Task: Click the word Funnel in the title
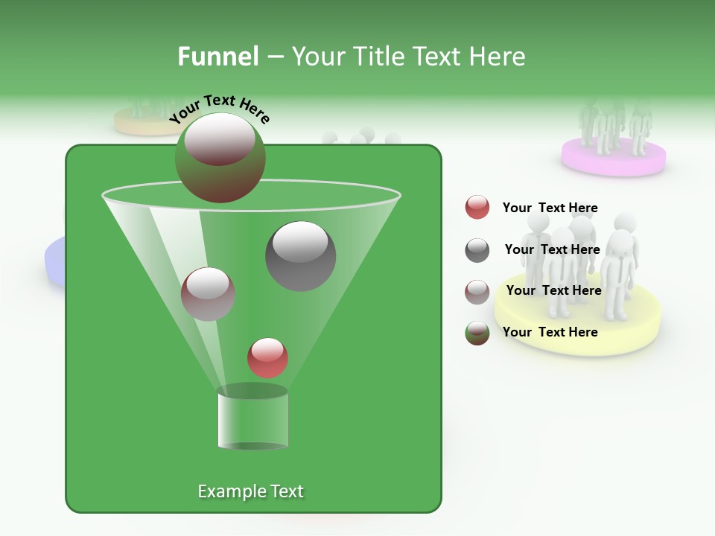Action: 217,57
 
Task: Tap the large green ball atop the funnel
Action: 220,157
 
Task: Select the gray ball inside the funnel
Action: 300,256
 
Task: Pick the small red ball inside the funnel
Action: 267,357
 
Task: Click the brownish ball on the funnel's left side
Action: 208,294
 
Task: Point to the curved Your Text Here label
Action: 220,109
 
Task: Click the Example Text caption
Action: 250,491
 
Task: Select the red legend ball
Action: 477,208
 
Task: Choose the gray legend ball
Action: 477,250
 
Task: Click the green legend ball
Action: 477,333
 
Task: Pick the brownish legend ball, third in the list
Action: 477,291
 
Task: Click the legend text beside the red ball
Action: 550,208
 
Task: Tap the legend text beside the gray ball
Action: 552,249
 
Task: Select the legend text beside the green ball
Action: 550,332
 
